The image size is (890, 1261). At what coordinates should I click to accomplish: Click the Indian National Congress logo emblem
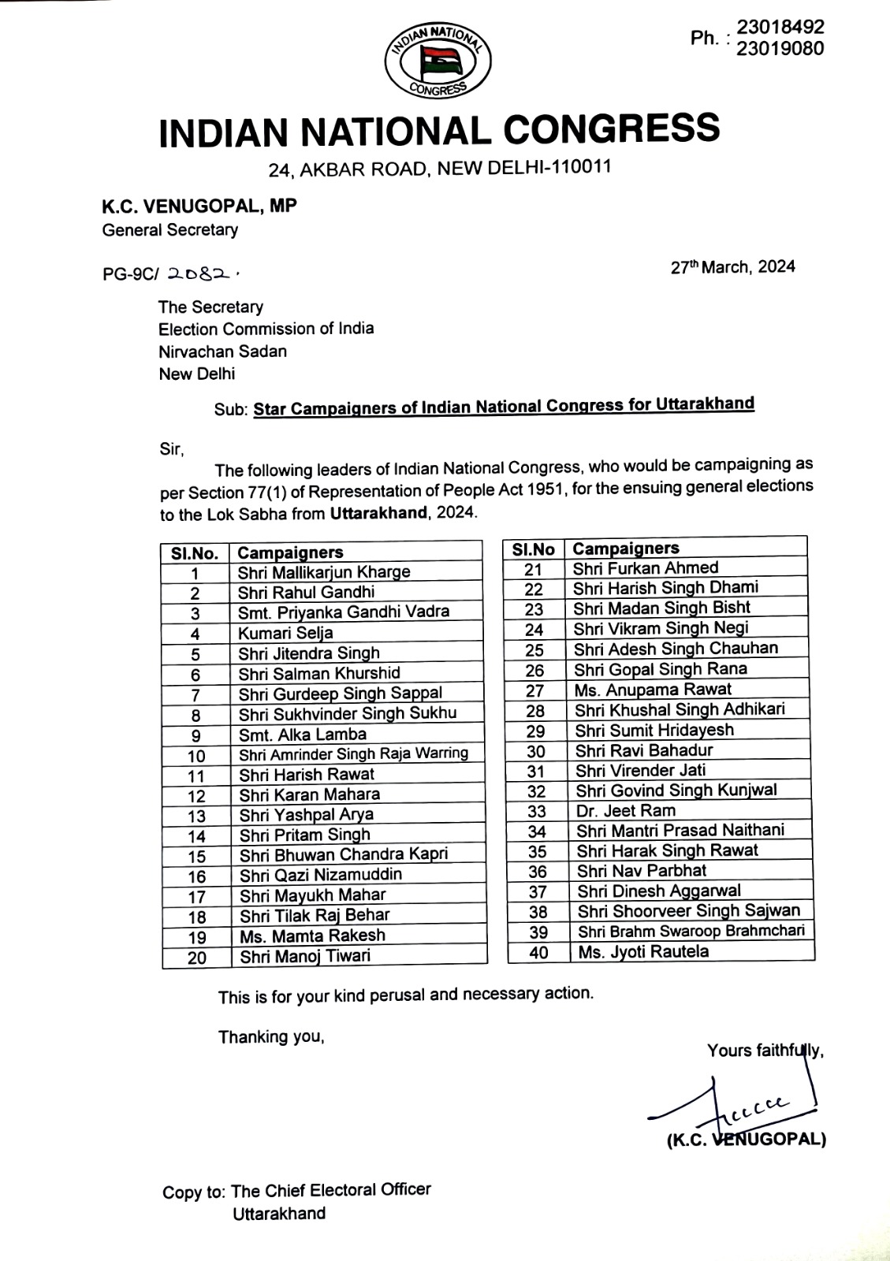pyautogui.click(x=438, y=61)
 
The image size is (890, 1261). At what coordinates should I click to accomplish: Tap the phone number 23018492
pyautogui.click(x=780, y=28)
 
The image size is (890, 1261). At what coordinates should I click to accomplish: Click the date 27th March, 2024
pyautogui.click(x=732, y=267)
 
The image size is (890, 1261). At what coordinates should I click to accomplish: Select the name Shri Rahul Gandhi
pyautogui.click(x=306, y=593)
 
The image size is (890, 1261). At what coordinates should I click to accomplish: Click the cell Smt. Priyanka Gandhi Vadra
pyautogui.click(x=344, y=612)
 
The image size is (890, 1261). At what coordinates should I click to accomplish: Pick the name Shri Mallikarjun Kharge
pyautogui.click(x=324, y=572)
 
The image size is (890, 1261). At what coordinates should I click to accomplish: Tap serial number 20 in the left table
pyautogui.click(x=196, y=958)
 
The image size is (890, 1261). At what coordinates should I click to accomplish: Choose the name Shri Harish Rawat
pyautogui.click(x=307, y=775)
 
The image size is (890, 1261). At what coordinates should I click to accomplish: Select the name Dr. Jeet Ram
pyautogui.click(x=625, y=811)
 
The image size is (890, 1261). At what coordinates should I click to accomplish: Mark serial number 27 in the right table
pyautogui.click(x=534, y=690)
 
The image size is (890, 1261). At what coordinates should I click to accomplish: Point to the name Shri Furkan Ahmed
pyautogui.click(x=646, y=568)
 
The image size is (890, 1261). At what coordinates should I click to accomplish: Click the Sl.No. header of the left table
pyautogui.click(x=195, y=553)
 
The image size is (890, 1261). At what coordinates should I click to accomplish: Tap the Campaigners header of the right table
pyautogui.click(x=625, y=549)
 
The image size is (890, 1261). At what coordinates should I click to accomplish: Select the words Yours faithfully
pyautogui.click(x=765, y=1051)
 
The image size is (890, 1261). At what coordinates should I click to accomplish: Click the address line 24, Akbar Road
pyautogui.click(x=439, y=168)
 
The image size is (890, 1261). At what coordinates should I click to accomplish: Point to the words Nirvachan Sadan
pyautogui.click(x=222, y=352)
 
